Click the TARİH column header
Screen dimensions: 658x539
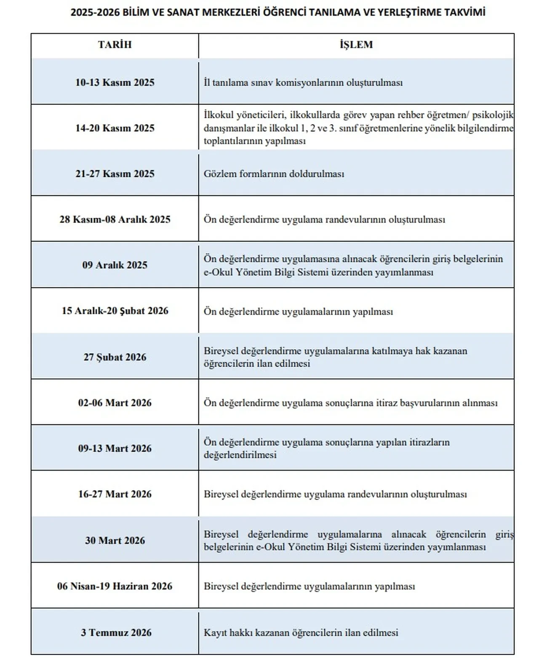click(115, 45)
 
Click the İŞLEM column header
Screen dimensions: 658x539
click(356, 45)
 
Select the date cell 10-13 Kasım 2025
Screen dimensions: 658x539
click(115, 82)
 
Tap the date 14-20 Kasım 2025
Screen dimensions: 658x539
click(115, 128)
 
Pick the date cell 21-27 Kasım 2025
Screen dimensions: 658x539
click(115, 174)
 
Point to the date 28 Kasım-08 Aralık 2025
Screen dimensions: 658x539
click(115, 219)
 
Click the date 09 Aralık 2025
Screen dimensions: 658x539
click(115, 265)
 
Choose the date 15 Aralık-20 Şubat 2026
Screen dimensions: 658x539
click(115, 311)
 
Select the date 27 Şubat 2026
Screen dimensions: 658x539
click(115, 357)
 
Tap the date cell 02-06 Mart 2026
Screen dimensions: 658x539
click(115, 403)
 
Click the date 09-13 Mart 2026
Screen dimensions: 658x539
click(115, 448)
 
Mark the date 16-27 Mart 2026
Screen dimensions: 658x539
click(115, 494)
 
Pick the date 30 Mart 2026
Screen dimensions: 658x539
click(115, 540)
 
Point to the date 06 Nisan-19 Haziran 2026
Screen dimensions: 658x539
click(115, 586)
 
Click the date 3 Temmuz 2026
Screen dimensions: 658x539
click(116, 632)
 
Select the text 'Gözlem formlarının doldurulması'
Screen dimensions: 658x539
click(274, 174)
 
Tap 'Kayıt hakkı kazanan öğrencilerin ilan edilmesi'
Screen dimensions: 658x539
click(301, 633)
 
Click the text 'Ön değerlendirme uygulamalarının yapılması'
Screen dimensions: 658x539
click(298, 312)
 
